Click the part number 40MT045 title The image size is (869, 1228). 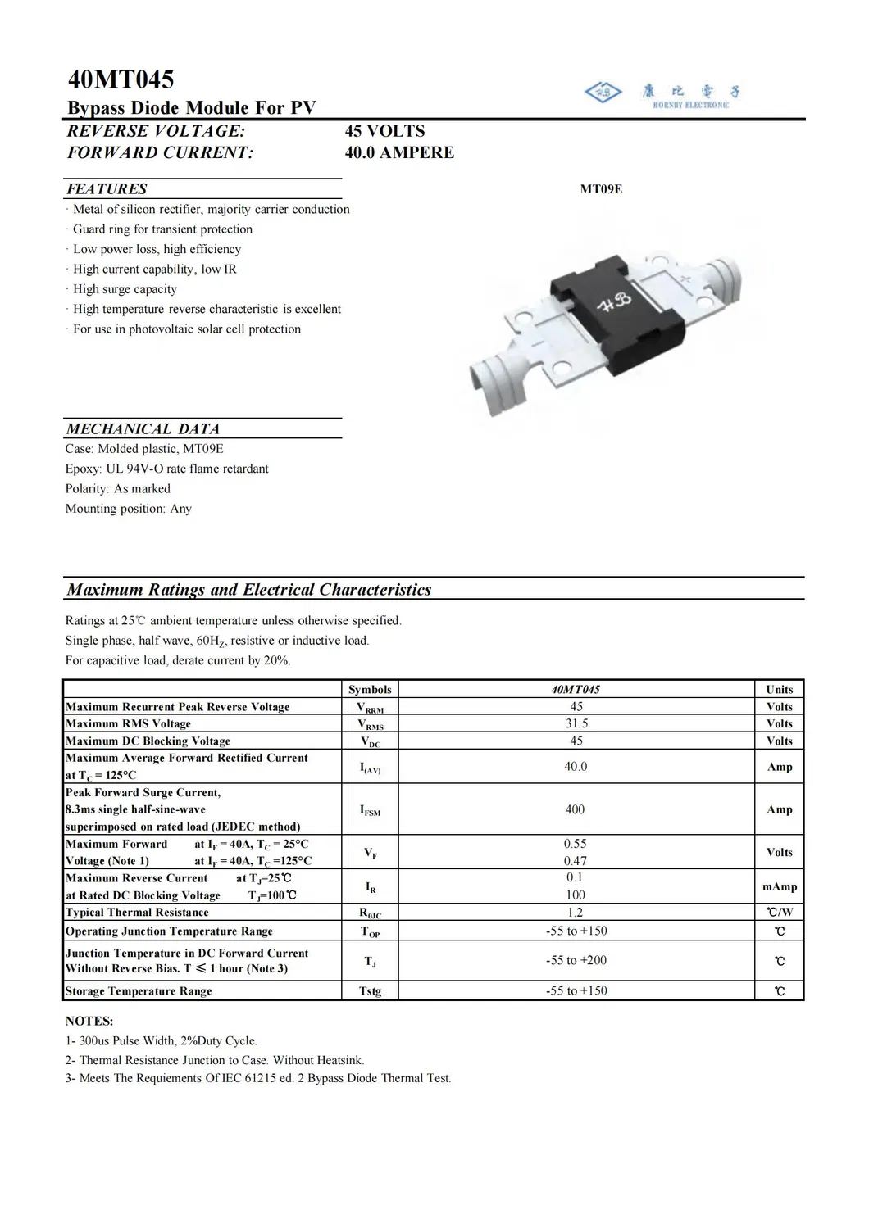(x=121, y=80)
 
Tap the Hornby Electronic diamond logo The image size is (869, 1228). (x=603, y=93)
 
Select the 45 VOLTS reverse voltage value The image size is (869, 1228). (x=384, y=131)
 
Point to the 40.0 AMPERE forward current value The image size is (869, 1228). (x=399, y=152)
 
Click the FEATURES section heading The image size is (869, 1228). (x=107, y=188)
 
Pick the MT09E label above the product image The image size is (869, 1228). (x=601, y=189)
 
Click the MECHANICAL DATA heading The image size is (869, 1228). (x=143, y=428)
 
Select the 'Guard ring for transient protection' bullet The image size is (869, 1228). (x=162, y=229)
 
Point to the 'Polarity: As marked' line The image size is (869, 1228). (x=118, y=488)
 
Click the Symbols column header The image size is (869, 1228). (x=370, y=689)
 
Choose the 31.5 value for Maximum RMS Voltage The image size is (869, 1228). (x=576, y=723)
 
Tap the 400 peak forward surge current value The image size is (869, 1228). (x=575, y=809)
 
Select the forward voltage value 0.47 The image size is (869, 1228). (x=575, y=861)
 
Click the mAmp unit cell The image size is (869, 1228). (x=779, y=886)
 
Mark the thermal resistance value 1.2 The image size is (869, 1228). (x=575, y=913)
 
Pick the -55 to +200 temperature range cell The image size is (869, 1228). (x=576, y=960)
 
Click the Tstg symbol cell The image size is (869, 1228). (x=370, y=991)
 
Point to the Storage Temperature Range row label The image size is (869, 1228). (x=139, y=991)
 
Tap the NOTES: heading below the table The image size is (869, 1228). (x=89, y=1021)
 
